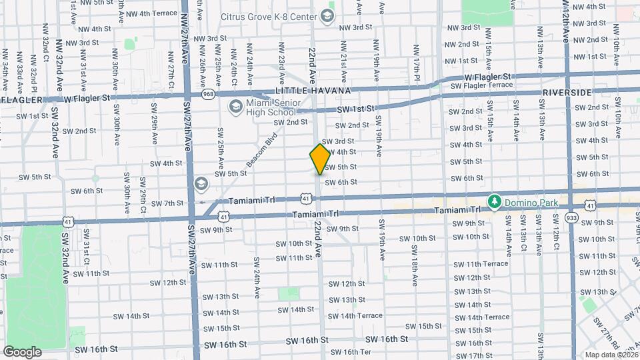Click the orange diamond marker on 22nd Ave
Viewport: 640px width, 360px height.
pyautogui.click(x=319, y=159)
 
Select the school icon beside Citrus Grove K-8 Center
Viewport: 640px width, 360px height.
pyautogui.click(x=327, y=15)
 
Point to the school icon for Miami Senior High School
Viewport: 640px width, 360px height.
pyautogui.click(x=235, y=107)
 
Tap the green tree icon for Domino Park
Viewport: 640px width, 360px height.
pyautogui.click(x=494, y=201)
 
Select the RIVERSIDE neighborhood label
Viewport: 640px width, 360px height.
pyautogui.click(x=567, y=92)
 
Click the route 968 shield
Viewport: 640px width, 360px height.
pyautogui.click(x=209, y=94)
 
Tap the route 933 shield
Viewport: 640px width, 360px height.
pyautogui.click(x=571, y=217)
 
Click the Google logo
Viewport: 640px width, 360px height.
pyautogui.click(x=22, y=351)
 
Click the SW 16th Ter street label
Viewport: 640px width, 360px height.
pyautogui.click(x=351, y=352)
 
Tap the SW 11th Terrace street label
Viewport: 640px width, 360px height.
pyautogui.click(x=481, y=263)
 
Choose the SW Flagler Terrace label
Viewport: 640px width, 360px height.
pyautogui.click(x=481, y=85)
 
